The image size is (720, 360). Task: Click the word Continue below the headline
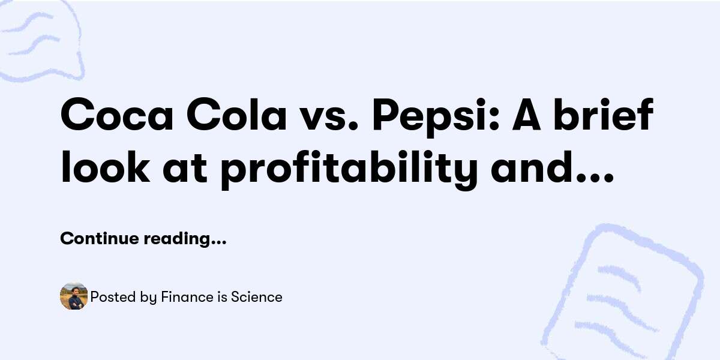(x=99, y=239)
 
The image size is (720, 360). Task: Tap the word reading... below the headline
(x=185, y=239)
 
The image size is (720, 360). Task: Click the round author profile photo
(x=74, y=296)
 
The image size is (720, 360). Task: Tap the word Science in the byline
(x=257, y=297)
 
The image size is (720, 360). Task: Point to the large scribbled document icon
(x=624, y=294)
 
